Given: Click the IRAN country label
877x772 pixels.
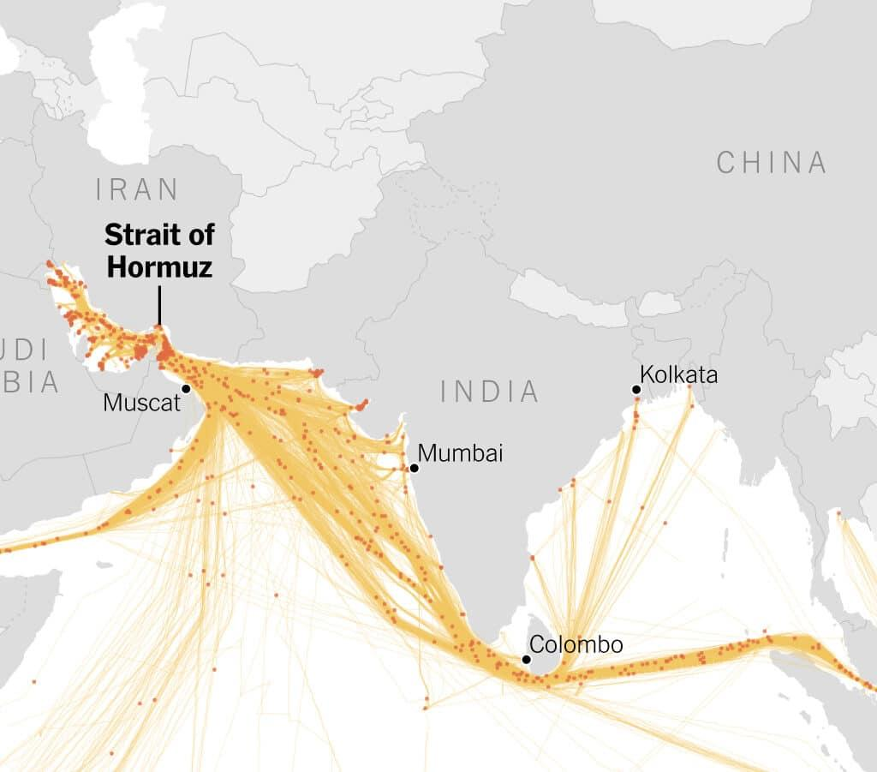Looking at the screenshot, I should pos(138,189).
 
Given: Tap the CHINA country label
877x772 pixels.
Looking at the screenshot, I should pos(772,162).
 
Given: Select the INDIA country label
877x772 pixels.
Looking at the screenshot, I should pos(490,392).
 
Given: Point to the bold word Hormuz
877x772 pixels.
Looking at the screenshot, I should pos(159,266).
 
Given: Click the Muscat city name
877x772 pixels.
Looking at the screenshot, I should pos(141,402).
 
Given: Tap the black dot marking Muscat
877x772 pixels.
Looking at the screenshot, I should pos(186,388).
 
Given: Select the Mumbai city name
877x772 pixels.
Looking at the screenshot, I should pos(460,453).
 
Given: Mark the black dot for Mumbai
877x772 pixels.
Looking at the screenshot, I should pos(414,468).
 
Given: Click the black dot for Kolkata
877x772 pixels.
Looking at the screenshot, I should pos(636,390).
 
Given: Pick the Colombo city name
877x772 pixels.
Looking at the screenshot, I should pos(576,644).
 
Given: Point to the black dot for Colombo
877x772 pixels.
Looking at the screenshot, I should pos(526,659).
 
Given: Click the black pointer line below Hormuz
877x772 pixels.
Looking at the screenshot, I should pos(159,304).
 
